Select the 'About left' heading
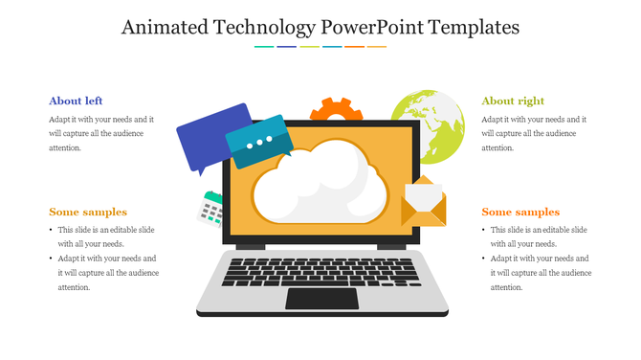pos(76,101)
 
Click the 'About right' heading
pos(513,101)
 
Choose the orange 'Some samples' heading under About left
pos(88,212)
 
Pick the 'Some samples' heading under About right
pos(520,212)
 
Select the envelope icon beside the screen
pos(424,203)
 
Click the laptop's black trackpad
pos(322,298)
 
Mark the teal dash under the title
pos(264,46)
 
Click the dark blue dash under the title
pos(286,46)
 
